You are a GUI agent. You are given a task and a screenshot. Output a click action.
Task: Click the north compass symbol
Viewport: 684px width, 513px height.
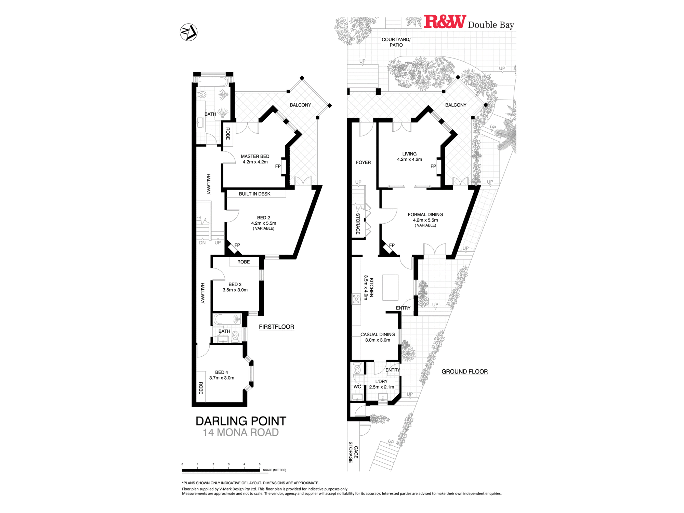(188, 32)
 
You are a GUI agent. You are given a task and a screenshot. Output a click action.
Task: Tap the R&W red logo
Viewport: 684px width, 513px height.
(445, 22)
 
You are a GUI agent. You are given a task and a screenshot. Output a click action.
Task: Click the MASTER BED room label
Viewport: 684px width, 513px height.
(255, 156)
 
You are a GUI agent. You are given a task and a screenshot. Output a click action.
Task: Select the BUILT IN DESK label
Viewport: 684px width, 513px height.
(254, 194)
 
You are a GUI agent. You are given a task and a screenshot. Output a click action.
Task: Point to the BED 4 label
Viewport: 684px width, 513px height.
(222, 372)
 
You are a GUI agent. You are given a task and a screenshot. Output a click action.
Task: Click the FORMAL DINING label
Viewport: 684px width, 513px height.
(425, 214)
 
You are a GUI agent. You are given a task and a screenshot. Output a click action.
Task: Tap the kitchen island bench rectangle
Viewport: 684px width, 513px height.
(390, 288)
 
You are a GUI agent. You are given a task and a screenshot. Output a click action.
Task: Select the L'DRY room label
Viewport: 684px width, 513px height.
(381, 381)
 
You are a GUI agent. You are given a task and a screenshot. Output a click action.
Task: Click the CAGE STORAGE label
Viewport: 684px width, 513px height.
(353, 452)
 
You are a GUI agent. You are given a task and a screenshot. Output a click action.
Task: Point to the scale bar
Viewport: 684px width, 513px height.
(221, 470)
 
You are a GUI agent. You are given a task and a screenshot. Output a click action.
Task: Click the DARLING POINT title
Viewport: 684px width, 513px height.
(241, 421)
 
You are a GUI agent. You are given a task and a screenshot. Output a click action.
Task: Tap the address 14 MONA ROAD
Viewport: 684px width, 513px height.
(241, 433)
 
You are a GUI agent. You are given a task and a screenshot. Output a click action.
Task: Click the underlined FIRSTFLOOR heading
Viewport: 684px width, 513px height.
(276, 327)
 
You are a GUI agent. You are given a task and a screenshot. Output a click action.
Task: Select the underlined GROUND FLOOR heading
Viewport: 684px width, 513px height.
(464, 372)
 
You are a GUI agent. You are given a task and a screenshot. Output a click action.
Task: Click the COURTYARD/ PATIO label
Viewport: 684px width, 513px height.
(396, 42)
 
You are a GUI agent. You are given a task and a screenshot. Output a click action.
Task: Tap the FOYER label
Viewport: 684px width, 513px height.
(363, 162)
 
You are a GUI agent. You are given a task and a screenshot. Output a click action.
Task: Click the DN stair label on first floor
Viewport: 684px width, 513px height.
(202, 243)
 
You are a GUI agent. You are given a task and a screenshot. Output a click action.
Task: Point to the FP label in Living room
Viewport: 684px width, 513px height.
(433, 167)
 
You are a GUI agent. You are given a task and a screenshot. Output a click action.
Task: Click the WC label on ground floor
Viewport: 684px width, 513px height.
(357, 387)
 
